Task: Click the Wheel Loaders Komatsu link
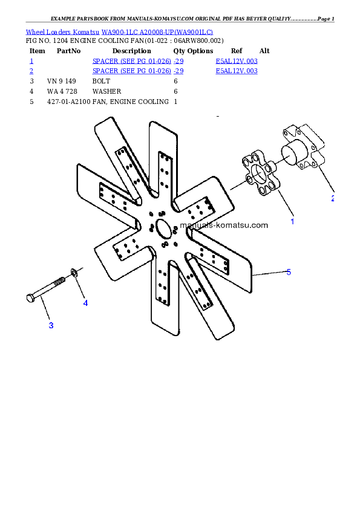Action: click(x=62, y=32)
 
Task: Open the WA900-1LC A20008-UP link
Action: click(x=157, y=32)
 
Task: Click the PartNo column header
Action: click(x=68, y=51)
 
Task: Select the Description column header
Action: click(x=131, y=51)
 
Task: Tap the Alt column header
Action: click(x=264, y=51)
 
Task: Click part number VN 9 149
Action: click(x=61, y=81)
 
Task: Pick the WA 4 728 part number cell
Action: click(x=62, y=91)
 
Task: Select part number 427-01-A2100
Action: click(x=69, y=102)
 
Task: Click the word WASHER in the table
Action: click(x=106, y=91)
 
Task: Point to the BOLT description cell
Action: click(x=101, y=81)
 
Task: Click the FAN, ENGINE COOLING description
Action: click(x=131, y=102)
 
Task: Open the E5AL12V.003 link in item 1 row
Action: click(x=237, y=61)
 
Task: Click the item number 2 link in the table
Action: click(x=31, y=71)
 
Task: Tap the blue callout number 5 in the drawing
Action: click(x=289, y=272)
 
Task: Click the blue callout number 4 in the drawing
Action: click(x=85, y=303)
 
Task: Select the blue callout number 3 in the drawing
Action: click(x=51, y=325)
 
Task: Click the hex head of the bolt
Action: click(x=30, y=298)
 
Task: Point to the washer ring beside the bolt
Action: click(x=74, y=273)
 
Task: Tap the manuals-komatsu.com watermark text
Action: click(x=224, y=225)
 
